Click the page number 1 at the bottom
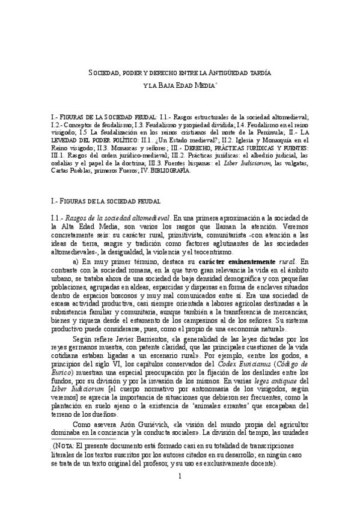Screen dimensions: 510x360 point(180,493)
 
